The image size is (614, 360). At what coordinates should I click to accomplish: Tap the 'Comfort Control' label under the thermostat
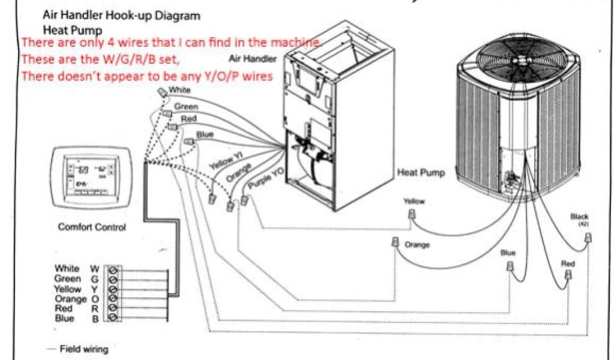point(92,228)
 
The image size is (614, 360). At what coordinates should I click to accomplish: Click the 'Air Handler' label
point(252,59)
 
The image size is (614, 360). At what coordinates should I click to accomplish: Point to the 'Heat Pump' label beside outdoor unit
point(421,173)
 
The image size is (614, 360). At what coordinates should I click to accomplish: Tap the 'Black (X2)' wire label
point(580,217)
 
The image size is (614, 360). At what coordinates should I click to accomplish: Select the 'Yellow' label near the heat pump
point(414,202)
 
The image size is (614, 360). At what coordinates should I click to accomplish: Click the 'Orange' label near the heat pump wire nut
point(417,245)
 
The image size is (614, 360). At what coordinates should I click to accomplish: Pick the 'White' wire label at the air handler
point(180,90)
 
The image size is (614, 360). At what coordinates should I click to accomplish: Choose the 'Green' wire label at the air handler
point(186,107)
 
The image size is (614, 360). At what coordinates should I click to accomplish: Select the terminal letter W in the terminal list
point(94,269)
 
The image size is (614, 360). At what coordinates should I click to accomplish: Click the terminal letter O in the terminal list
point(94,299)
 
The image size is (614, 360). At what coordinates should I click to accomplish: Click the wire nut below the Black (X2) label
point(588,239)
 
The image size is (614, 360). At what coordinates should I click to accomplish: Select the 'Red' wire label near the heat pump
point(568,263)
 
